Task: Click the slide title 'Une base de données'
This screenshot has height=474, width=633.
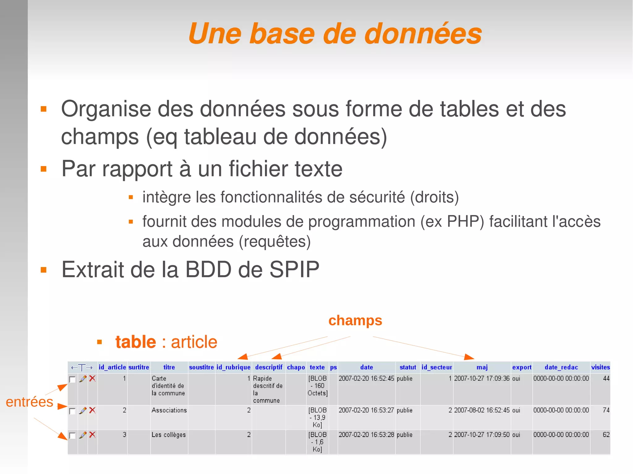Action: coord(335,34)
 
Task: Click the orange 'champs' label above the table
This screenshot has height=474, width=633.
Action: coord(355,321)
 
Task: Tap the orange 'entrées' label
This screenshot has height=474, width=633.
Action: coord(29,402)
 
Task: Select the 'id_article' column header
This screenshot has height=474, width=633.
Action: coord(112,367)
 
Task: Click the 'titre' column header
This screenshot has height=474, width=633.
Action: coord(169,367)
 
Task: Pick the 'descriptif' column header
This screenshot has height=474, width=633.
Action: coord(269,367)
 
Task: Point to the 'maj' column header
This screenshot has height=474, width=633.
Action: coord(482,367)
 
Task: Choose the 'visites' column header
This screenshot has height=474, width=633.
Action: coord(600,367)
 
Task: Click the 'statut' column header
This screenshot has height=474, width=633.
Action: coord(408,367)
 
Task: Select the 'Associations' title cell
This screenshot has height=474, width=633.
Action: coord(169,410)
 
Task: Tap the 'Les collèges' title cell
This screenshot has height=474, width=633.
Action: coord(168,435)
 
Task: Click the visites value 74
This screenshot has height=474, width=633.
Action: coord(606,410)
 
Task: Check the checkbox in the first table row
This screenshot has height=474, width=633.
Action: coord(72,379)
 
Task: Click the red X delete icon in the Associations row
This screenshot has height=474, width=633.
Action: coord(92,410)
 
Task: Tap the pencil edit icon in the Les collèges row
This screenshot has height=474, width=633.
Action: coord(83,435)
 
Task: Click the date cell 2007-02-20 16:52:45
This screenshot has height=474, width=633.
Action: coord(366,378)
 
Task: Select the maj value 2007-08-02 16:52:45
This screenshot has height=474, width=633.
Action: coord(482,410)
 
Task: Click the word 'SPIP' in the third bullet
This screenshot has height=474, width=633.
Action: coord(294,270)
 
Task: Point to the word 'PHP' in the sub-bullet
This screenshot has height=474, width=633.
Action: coord(465,221)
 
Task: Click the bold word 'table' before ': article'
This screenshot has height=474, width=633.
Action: coord(136,342)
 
